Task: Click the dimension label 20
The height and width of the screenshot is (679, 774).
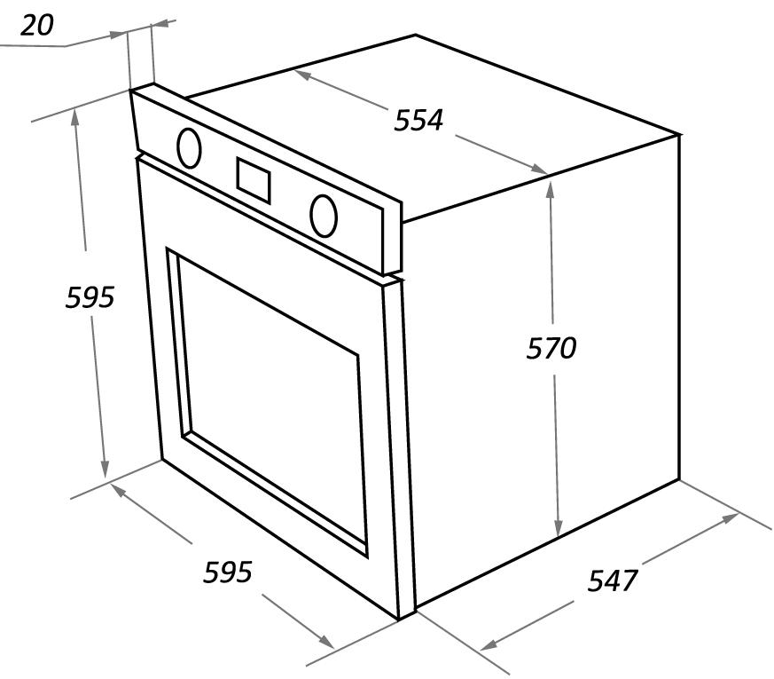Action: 36,25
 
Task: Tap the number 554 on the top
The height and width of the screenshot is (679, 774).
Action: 418,120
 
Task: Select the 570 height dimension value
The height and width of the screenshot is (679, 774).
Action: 551,348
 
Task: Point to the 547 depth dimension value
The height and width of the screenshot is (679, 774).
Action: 613,580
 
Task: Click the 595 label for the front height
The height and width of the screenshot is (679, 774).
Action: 90,297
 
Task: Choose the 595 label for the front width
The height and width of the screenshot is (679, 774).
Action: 228,572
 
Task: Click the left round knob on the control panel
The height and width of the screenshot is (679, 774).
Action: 189,148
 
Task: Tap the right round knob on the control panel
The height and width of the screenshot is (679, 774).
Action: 324,216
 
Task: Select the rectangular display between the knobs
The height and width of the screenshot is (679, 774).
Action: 254,180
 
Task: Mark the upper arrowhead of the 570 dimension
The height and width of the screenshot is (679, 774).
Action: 551,189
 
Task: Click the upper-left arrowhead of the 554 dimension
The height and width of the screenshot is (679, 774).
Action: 302,75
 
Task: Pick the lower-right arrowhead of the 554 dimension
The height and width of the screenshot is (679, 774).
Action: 539,169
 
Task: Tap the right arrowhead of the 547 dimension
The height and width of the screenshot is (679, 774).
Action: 731,517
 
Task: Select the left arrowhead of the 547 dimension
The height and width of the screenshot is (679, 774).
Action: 489,644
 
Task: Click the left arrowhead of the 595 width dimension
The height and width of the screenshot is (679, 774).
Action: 118,490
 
